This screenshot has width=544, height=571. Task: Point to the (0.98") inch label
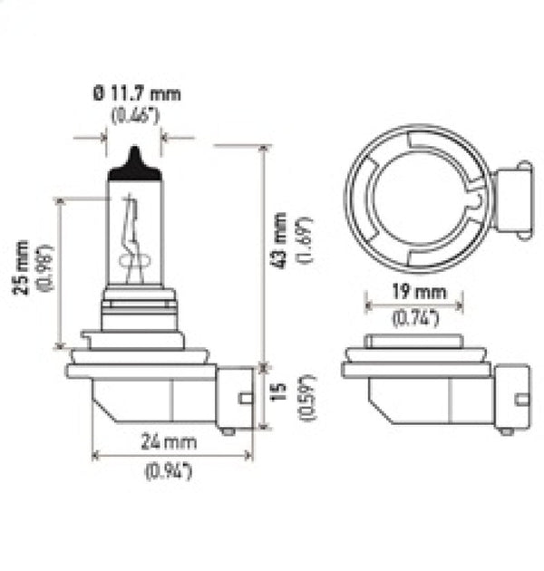tap(42, 269)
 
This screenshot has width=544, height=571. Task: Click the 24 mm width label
tap(171, 443)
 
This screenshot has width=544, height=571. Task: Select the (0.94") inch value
tap(171, 469)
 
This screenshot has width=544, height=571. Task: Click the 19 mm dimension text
tap(415, 293)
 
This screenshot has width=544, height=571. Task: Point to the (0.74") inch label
tap(415, 317)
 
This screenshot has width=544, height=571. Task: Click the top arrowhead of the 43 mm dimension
tap(263, 150)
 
